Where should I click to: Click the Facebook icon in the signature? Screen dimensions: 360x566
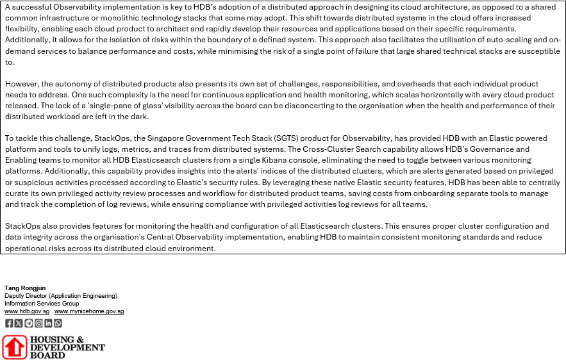pos(9,323)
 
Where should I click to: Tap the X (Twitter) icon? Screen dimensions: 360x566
pos(19,323)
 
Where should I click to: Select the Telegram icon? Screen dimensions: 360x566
pos(28,323)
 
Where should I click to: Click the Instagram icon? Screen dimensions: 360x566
pos(38,323)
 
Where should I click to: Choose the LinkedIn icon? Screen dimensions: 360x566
pos(48,323)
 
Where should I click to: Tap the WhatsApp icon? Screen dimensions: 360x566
pos(58,323)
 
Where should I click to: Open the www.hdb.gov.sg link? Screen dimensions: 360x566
pos(27,311)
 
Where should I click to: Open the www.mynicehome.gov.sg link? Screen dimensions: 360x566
pos(89,311)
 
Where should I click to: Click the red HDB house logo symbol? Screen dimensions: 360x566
pos(14,347)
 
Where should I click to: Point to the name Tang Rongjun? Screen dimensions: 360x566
pos(25,288)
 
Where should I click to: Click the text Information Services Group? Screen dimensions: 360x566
pos(42,304)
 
